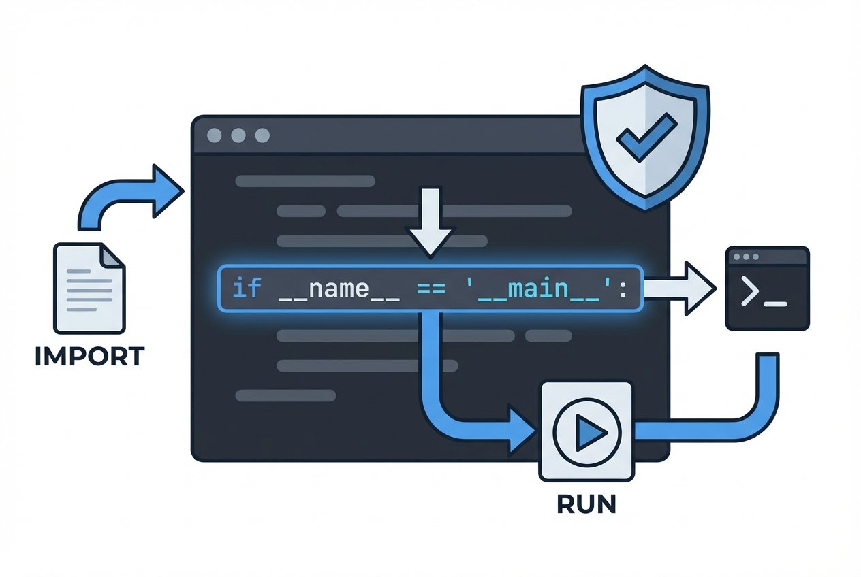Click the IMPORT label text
pyautogui.click(x=89, y=357)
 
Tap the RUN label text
pyautogui.click(x=586, y=504)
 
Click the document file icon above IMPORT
pyautogui.click(x=89, y=288)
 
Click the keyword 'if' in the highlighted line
pyautogui.click(x=247, y=288)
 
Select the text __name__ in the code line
pyautogui.click(x=339, y=289)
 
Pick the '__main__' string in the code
pyautogui.click(x=542, y=289)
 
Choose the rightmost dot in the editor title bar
pyautogui.click(x=262, y=135)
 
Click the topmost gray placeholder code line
pyautogui.click(x=305, y=181)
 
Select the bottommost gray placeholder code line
pyautogui.click(x=285, y=395)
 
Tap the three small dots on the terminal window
pyautogui.click(x=746, y=258)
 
